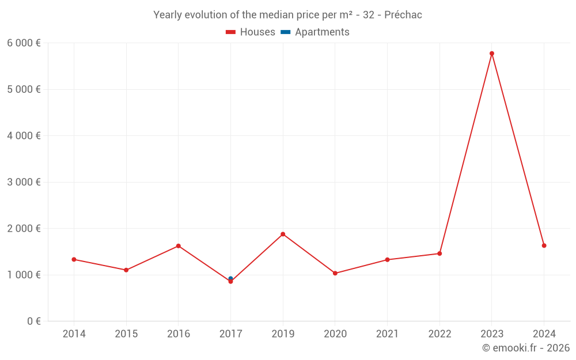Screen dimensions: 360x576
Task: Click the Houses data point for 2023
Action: tap(492, 54)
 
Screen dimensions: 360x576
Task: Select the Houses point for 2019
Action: tap(283, 234)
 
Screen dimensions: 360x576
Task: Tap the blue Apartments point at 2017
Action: tap(230, 278)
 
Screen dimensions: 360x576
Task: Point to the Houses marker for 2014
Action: tap(74, 259)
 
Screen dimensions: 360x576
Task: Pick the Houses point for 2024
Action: tap(544, 245)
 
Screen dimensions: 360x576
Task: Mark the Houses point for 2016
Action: tap(179, 246)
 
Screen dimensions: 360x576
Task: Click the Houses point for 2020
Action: tap(335, 273)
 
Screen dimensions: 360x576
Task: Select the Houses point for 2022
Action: tap(439, 253)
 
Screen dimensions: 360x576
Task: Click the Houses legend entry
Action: tap(251, 32)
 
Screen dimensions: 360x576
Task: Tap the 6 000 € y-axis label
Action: tap(24, 43)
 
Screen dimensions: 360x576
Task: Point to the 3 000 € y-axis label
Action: tap(24, 182)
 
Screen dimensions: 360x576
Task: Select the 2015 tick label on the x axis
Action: tap(126, 334)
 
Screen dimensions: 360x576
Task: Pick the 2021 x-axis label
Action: tap(387, 334)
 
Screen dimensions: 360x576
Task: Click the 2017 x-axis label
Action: tap(230, 334)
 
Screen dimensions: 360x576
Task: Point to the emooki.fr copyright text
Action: tap(526, 348)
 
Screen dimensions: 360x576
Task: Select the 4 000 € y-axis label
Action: tap(24, 135)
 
